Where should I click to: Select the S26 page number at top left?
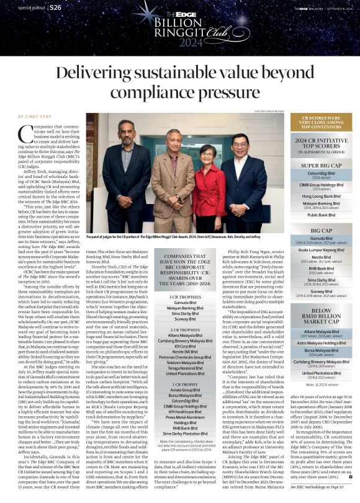(55, 7)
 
